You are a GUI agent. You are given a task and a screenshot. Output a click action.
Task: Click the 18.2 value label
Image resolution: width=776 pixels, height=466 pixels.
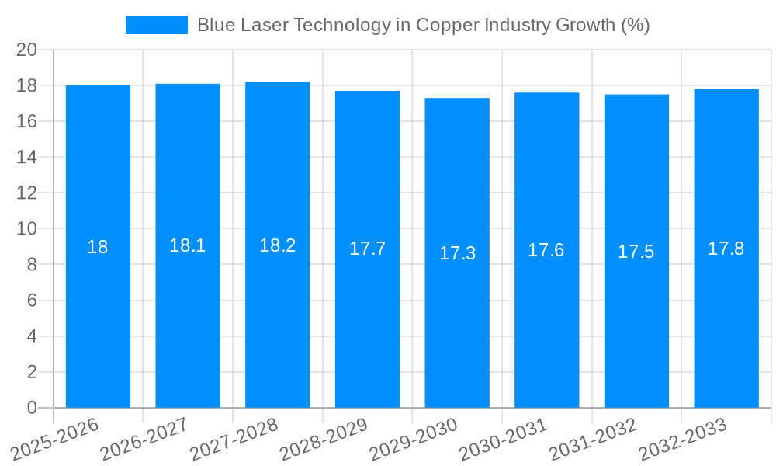(x=278, y=245)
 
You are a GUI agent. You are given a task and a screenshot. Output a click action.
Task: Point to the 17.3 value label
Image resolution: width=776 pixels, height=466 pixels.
(x=457, y=253)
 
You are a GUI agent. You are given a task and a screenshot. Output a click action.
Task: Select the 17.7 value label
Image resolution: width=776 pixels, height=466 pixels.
(x=367, y=249)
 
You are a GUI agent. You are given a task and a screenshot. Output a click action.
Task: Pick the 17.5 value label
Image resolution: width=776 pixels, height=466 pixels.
(x=636, y=252)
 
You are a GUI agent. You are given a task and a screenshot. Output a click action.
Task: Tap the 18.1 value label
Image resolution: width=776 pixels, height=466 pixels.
(x=188, y=245)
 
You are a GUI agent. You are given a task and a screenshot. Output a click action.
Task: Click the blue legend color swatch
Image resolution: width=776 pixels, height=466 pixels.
(x=157, y=25)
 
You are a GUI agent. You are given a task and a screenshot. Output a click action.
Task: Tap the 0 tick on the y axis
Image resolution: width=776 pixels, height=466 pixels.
(x=32, y=408)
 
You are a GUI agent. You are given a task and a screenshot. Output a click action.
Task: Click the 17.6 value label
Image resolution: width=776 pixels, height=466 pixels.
(x=546, y=250)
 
